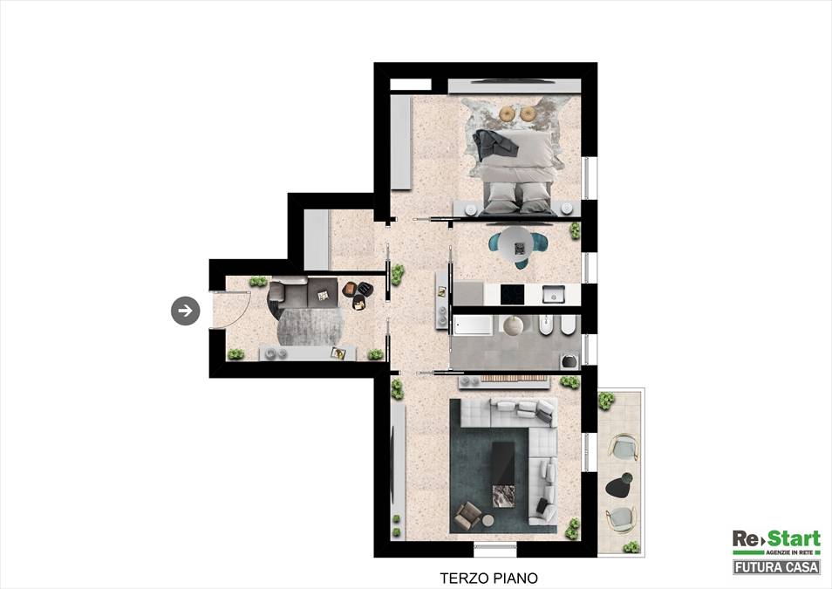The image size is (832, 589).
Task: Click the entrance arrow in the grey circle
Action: pyautogui.click(x=185, y=311)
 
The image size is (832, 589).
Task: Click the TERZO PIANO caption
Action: pyautogui.click(x=488, y=578)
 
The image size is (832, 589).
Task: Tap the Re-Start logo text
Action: pyautogui.click(x=776, y=538)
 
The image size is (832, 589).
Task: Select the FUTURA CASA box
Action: pyautogui.click(x=776, y=567)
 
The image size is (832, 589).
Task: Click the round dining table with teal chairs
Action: pyautogui.click(x=518, y=245)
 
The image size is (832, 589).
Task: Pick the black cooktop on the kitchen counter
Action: pyautogui.click(x=512, y=294)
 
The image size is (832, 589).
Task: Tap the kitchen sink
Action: pyautogui.click(x=553, y=294)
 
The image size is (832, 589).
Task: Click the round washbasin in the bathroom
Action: pyautogui.click(x=513, y=325)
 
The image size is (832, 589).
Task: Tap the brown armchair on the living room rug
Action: pyautogui.click(x=468, y=516)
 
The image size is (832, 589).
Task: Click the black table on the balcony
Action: pyautogui.click(x=620, y=484)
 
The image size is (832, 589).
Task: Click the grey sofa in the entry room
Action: pyautogui.click(x=303, y=293)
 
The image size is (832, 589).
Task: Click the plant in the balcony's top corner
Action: pyautogui.click(x=606, y=401)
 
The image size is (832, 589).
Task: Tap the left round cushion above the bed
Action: pyautogui.click(x=508, y=113)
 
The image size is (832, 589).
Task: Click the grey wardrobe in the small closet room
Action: pyautogui.click(x=317, y=240)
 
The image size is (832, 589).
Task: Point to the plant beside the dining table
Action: pyautogui.click(x=574, y=231)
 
